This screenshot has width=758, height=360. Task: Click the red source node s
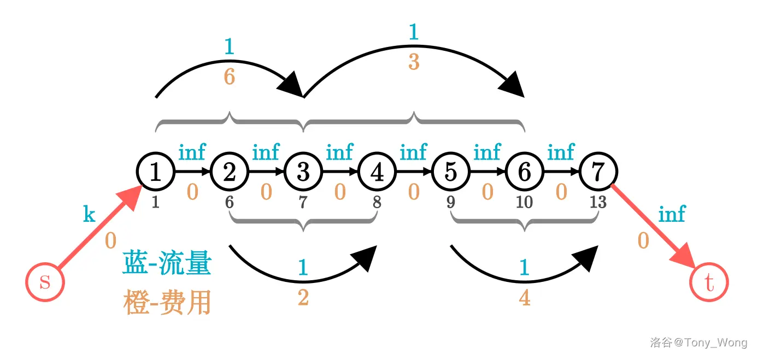coord(45,282)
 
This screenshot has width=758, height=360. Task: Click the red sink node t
coord(709,282)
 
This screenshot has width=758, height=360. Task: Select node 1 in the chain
coord(155,172)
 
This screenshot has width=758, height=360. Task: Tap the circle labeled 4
coord(377,172)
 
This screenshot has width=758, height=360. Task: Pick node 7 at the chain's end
coord(598,172)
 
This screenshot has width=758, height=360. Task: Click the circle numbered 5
coord(450,172)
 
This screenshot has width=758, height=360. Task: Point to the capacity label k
coord(89,215)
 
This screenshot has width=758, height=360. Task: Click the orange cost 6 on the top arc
coord(230,77)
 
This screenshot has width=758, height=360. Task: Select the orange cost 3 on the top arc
coord(414,62)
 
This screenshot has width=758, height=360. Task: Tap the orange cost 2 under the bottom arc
coord(303,298)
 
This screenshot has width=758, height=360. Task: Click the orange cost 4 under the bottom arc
coord(525,298)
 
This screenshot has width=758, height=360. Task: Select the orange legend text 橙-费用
coord(167,303)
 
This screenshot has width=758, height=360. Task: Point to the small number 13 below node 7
coord(598,202)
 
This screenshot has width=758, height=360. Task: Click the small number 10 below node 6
coord(524,202)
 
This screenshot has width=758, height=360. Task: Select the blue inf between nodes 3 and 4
coord(339,152)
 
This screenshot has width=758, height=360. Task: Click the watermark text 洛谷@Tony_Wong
coord(698,343)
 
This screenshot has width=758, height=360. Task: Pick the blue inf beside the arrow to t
coord(672,214)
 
